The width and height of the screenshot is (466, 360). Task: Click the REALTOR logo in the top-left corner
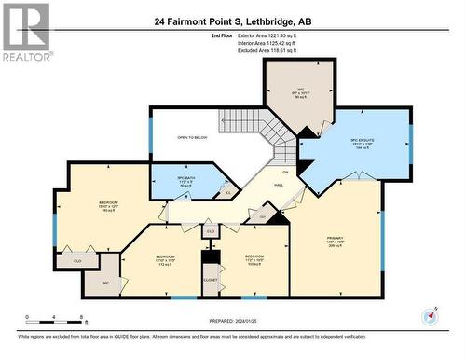(x=26, y=32)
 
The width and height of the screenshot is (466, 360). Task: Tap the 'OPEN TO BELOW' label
(x=190, y=138)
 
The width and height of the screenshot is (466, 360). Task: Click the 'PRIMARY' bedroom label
(x=335, y=238)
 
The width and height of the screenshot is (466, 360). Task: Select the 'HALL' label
(x=279, y=186)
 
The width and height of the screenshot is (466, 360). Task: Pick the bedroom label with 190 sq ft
(x=108, y=206)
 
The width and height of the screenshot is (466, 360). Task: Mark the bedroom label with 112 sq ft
(x=165, y=259)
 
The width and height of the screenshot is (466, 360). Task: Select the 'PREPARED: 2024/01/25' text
(x=233, y=322)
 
